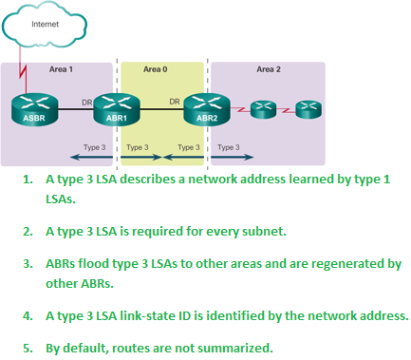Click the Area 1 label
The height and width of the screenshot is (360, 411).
[x=61, y=69]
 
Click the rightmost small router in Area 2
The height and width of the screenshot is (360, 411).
[x=308, y=110]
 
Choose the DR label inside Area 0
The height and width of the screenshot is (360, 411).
[x=175, y=100]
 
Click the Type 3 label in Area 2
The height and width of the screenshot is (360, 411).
[x=228, y=147]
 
